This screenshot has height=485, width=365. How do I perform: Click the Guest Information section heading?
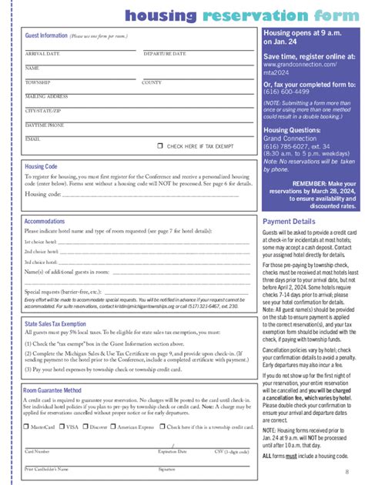[x=46, y=35]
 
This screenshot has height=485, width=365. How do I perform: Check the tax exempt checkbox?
[x=160, y=145]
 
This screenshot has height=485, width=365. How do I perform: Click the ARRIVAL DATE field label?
[x=42, y=54]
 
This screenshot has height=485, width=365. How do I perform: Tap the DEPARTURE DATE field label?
[x=165, y=54]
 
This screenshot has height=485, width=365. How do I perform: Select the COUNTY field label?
[x=152, y=82]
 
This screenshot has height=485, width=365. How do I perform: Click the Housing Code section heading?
[x=41, y=166]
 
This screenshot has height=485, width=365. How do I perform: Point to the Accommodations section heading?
[x=45, y=221]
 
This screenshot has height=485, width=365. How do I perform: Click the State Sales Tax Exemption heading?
[x=55, y=324]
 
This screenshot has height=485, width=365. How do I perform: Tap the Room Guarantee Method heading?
[x=52, y=390]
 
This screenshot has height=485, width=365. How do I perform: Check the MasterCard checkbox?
[x=28, y=426]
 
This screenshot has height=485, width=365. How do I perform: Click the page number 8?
[x=347, y=472]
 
